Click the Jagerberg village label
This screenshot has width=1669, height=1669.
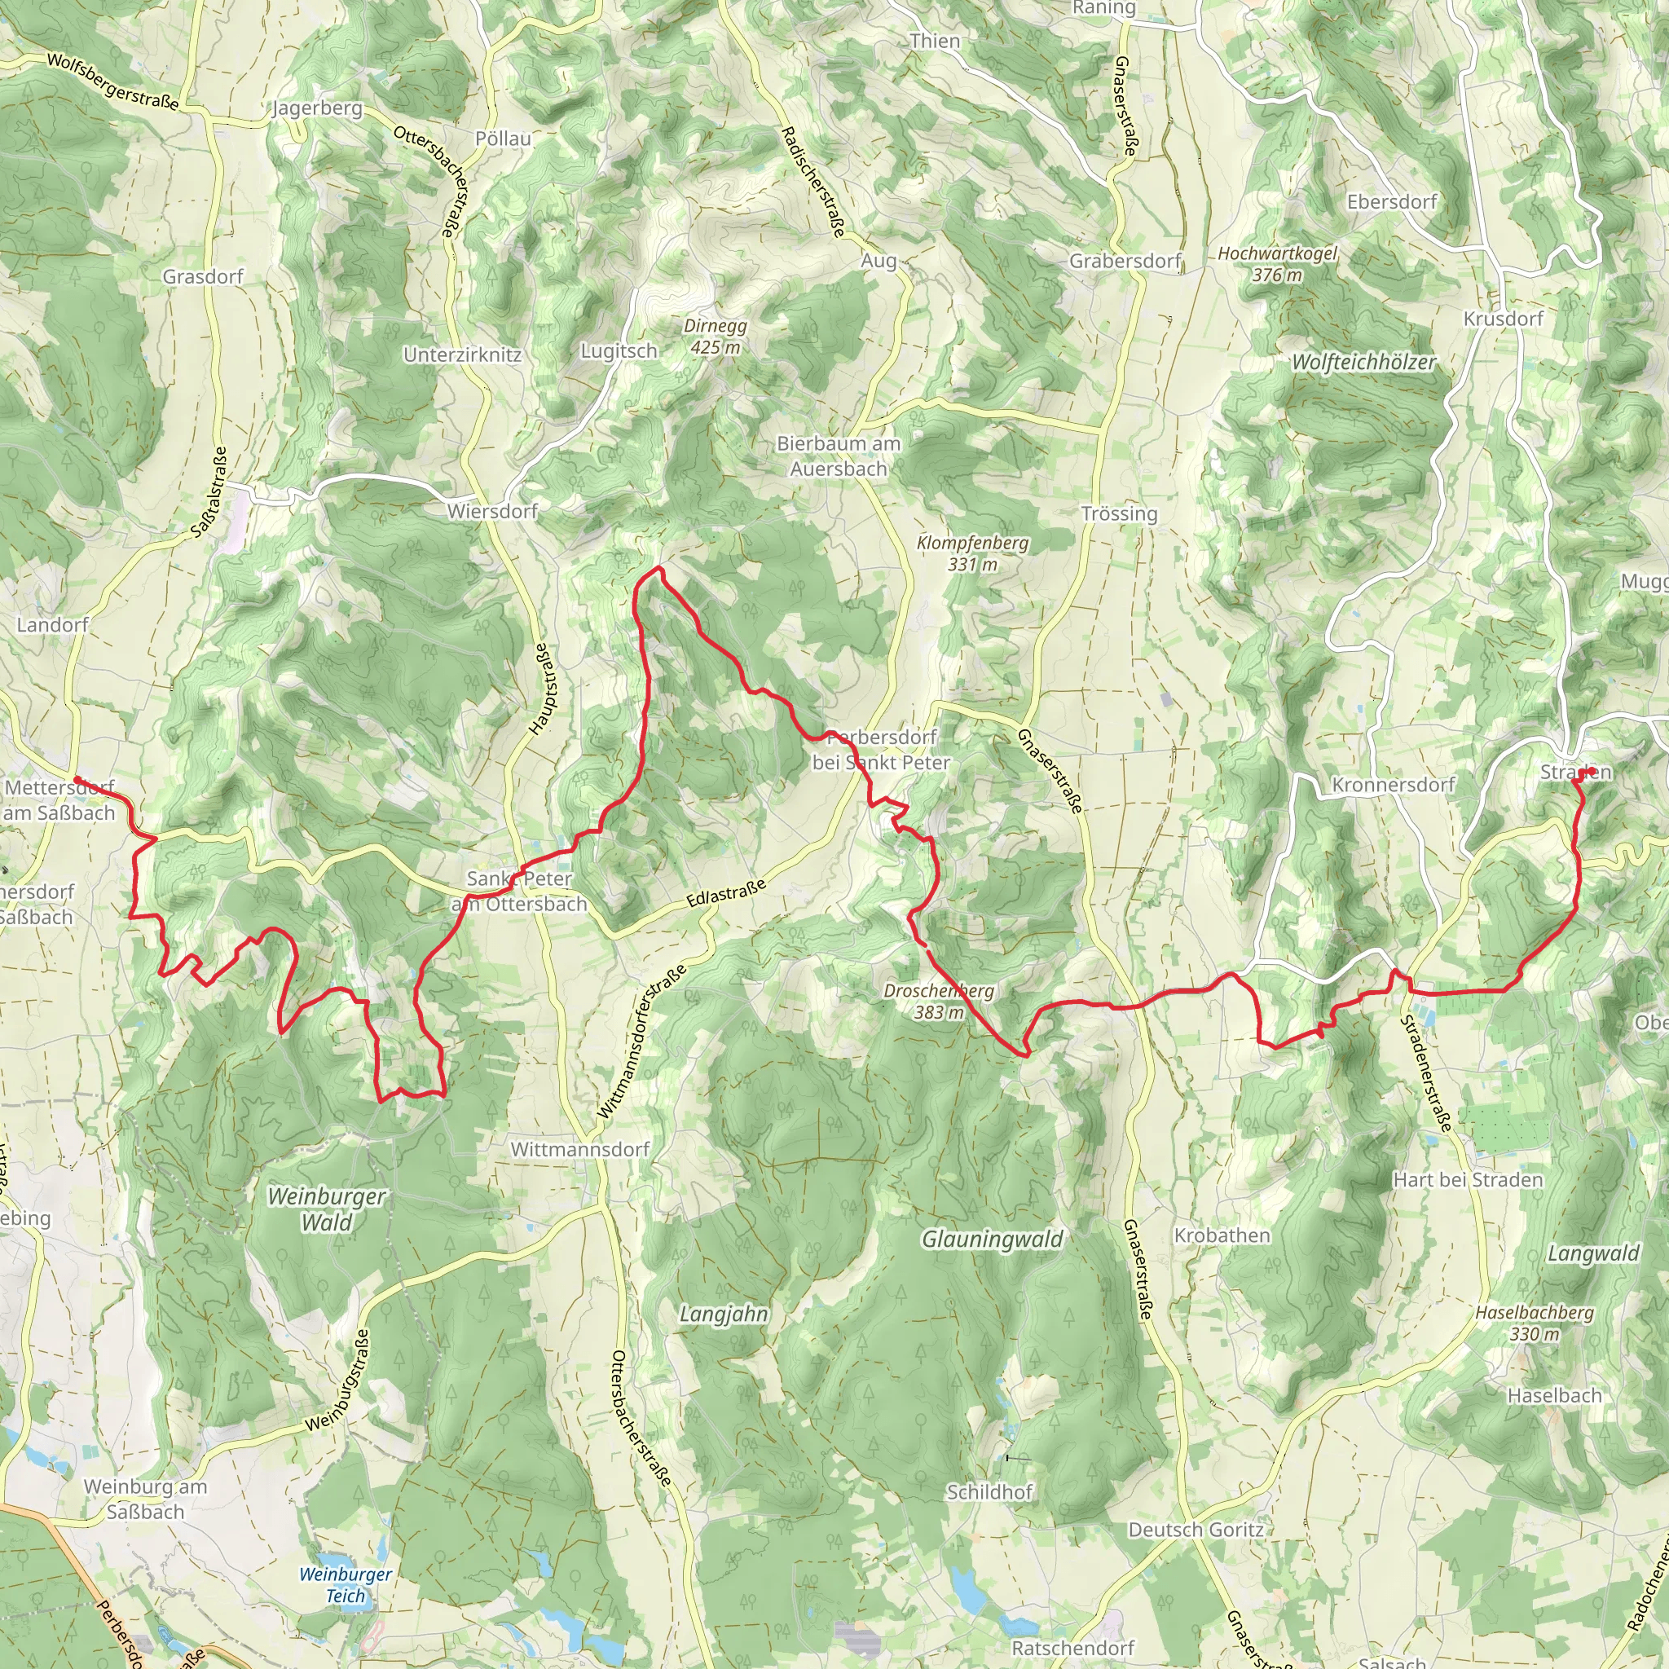317,109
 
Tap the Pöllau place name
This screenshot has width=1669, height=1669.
503,139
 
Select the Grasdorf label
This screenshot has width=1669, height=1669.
203,276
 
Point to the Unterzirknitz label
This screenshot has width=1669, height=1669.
462,355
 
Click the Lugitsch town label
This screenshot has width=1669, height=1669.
619,350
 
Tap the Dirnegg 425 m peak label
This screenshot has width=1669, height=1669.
716,337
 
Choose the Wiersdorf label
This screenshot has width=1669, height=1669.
492,512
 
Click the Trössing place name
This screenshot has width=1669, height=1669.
1119,514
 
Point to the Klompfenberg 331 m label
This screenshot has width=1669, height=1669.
973,553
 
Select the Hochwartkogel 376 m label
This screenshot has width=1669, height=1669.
1277,264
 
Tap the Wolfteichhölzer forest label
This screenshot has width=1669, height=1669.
1363,363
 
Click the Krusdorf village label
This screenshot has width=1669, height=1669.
1503,319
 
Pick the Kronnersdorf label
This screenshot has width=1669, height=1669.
1394,786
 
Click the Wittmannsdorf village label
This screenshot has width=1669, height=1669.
580,1150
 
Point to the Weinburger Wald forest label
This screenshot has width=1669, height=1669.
327,1209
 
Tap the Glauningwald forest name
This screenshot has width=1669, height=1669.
993,1240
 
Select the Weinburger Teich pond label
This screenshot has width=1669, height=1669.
346,1584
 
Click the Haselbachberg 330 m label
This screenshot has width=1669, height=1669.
1535,1323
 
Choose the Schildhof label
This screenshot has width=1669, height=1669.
990,1492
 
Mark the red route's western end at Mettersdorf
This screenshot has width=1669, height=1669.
77,779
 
